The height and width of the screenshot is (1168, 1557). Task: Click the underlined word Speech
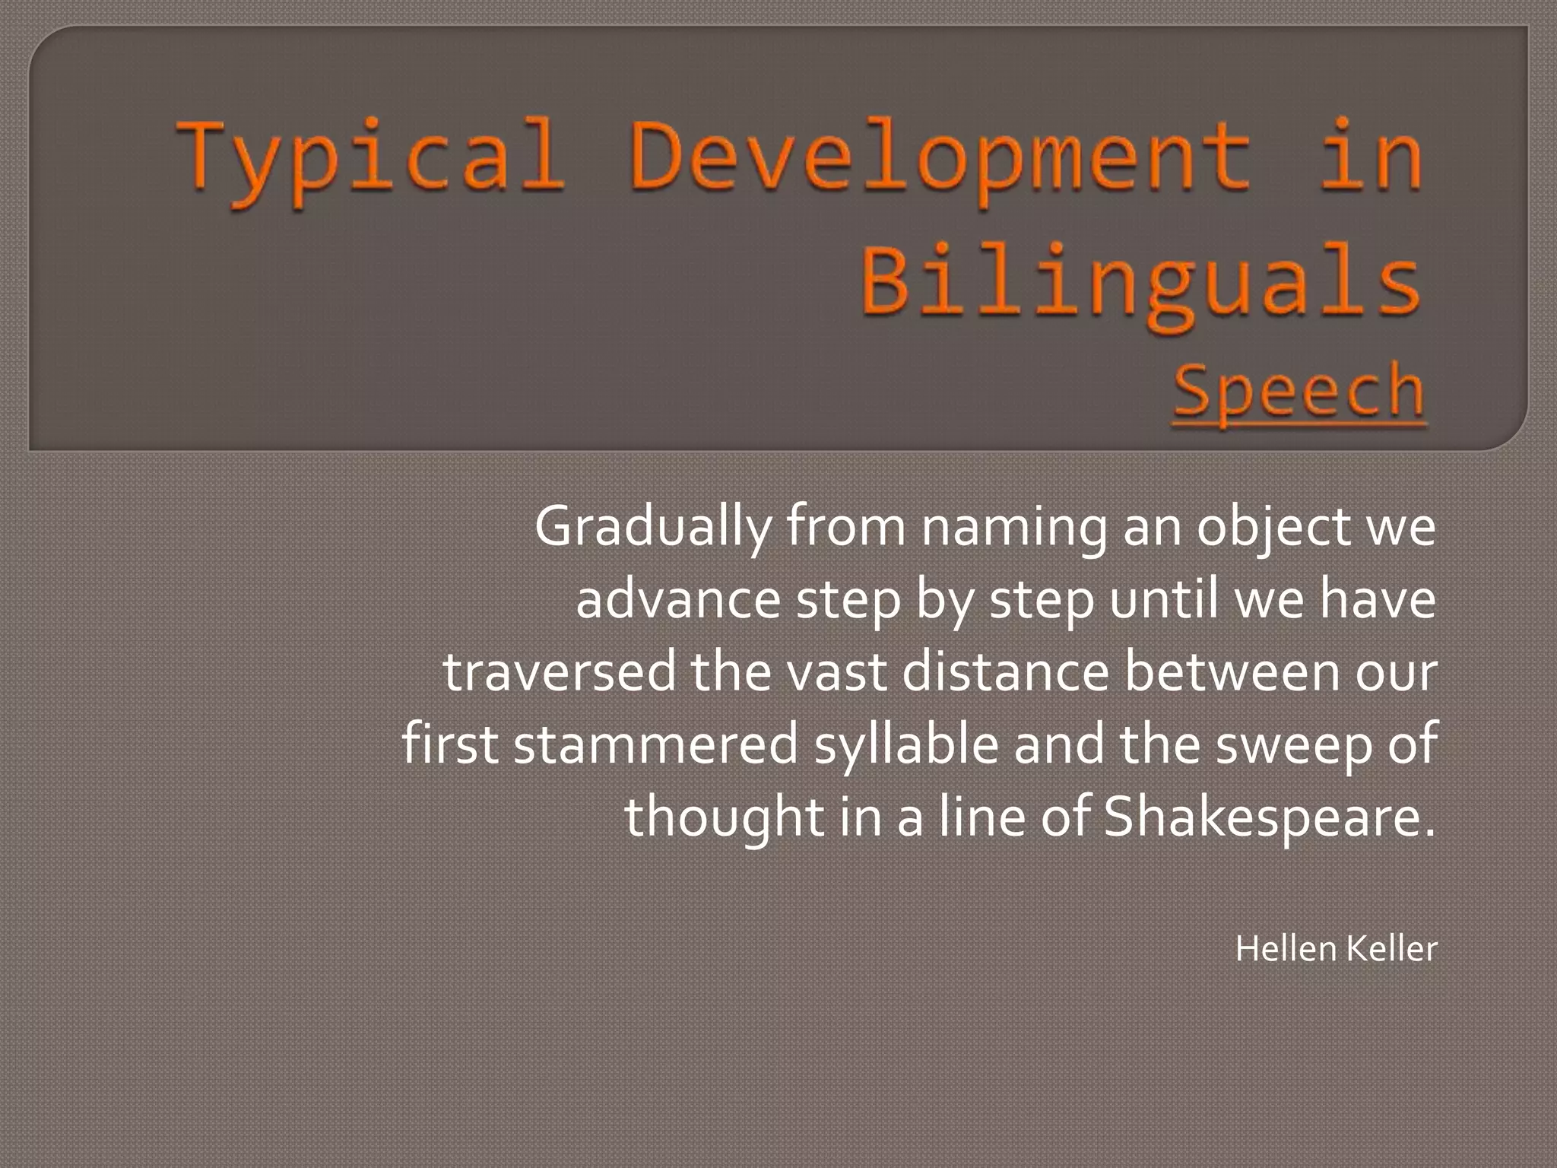pos(1299,391)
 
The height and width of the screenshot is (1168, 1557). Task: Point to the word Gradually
pos(652,527)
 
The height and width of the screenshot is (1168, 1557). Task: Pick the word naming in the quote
pos(1013,527)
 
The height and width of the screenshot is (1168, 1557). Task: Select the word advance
pos(677,599)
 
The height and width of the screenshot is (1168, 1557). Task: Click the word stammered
pos(655,744)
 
